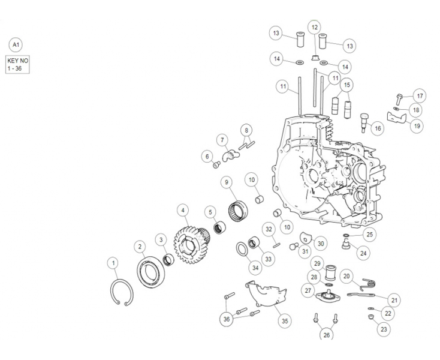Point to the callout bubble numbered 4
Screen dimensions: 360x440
pos(183,211)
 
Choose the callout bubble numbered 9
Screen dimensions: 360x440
pos(227,182)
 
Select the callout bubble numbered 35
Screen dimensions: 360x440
pos(285,321)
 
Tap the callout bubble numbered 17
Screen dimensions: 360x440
pos(420,95)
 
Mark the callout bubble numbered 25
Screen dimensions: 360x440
pos(369,234)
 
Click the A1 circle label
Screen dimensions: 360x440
pos(16,45)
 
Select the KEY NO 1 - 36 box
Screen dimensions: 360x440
pos(17,65)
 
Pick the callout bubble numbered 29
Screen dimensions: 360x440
pos(317,263)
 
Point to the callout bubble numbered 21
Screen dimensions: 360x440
pos(394,300)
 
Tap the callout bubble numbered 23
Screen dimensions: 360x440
pos(384,328)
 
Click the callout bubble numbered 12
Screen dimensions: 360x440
pos(315,27)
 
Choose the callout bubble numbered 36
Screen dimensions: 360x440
pos(227,319)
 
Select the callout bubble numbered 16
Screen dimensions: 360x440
pos(376,128)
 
